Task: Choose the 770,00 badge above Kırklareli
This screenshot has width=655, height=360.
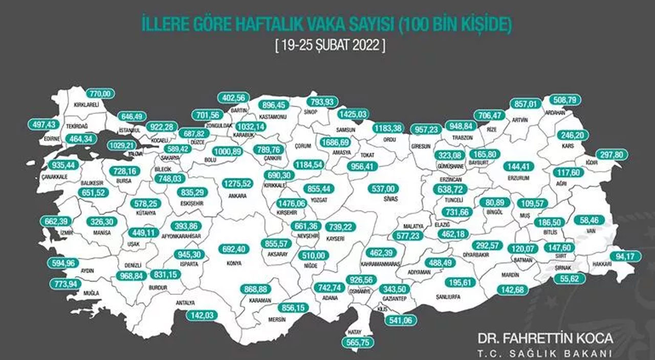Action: (100, 94)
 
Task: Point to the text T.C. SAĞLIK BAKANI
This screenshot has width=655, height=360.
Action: (544, 353)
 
